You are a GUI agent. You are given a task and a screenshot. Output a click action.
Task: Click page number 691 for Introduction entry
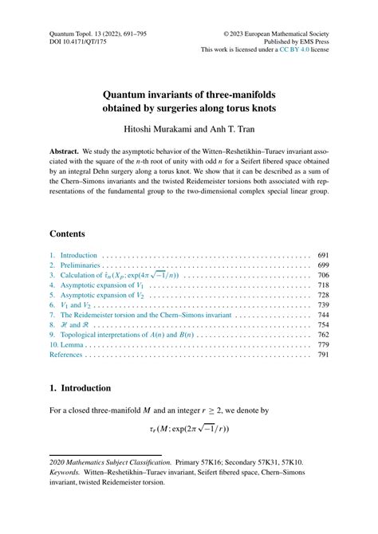pyautogui.click(x=323, y=256)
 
